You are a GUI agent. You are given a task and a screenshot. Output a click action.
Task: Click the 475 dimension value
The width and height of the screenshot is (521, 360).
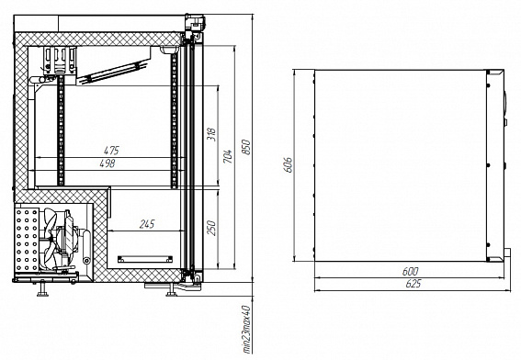(x=111, y=151)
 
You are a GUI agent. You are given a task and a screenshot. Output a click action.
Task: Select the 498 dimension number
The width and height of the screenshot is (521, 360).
(x=108, y=163)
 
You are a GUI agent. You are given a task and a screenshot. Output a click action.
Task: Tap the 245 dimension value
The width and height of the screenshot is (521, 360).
(x=147, y=224)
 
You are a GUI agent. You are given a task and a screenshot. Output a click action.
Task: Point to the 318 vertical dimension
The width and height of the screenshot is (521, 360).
(x=211, y=134)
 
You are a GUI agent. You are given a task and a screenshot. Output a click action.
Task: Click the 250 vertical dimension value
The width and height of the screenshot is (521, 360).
(x=211, y=228)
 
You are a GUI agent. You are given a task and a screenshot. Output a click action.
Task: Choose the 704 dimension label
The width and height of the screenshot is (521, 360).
(x=228, y=156)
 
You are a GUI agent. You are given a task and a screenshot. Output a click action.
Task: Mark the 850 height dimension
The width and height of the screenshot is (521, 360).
(x=246, y=147)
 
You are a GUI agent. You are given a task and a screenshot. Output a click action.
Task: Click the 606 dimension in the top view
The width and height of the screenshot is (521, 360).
(x=288, y=164)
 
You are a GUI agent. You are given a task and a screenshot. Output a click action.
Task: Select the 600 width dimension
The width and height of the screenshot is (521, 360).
(x=411, y=271)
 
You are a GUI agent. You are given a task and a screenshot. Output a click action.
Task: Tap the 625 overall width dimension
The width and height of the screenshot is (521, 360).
(x=413, y=284)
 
